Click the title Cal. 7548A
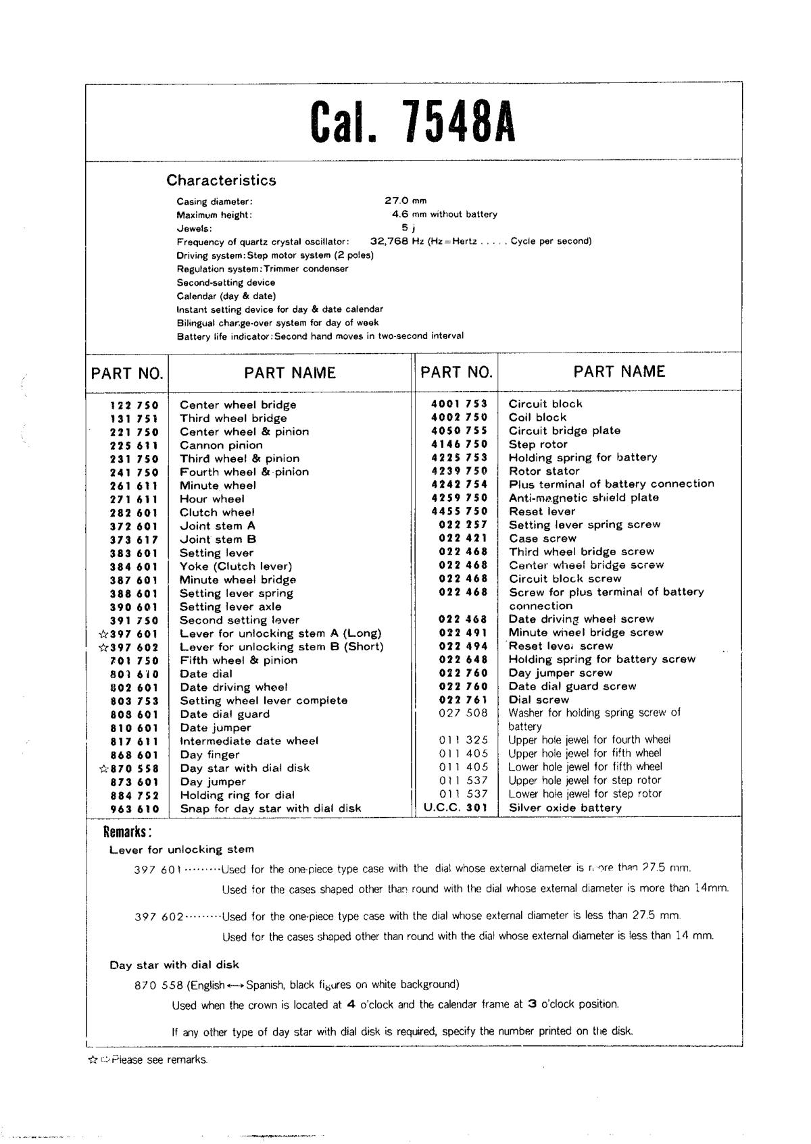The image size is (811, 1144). (x=413, y=122)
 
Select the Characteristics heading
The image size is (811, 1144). (x=221, y=180)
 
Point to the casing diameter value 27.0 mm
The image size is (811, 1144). (x=405, y=201)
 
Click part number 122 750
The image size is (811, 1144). (x=134, y=405)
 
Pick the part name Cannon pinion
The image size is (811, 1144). (x=221, y=445)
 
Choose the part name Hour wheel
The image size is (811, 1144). (x=212, y=499)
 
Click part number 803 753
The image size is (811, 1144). (x=134, y=701)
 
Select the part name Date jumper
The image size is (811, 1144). (x=215, y=728)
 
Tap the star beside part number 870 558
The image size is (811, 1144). (x=103, y=769)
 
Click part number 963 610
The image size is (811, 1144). (x=134, y=809)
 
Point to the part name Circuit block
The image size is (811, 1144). (x=545, y=404)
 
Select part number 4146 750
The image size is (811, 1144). (x=459, y=444)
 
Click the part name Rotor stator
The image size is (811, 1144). (x=544, y=471)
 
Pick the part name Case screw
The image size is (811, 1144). (x=543, y=538)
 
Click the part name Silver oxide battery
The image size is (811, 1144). (x=565, y=808)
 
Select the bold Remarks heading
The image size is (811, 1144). (x=127, y=831)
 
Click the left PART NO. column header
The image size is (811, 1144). (x=127, y=373)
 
